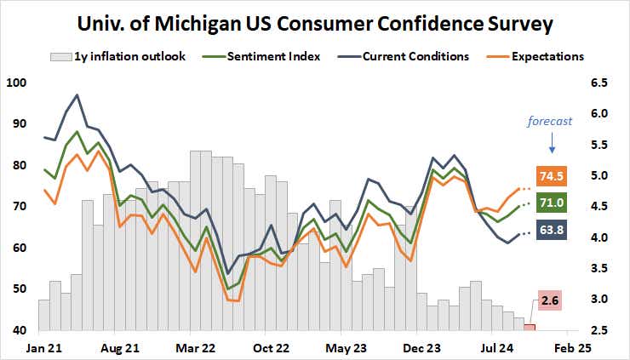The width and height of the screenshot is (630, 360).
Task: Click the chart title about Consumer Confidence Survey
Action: (316, 23)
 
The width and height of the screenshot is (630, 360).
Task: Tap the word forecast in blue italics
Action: (551, 121)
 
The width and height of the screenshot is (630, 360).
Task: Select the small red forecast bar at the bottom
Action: (530, 327)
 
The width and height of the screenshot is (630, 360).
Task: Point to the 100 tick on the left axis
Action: (16, 83)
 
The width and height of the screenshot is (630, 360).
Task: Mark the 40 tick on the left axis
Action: (19, 330)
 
